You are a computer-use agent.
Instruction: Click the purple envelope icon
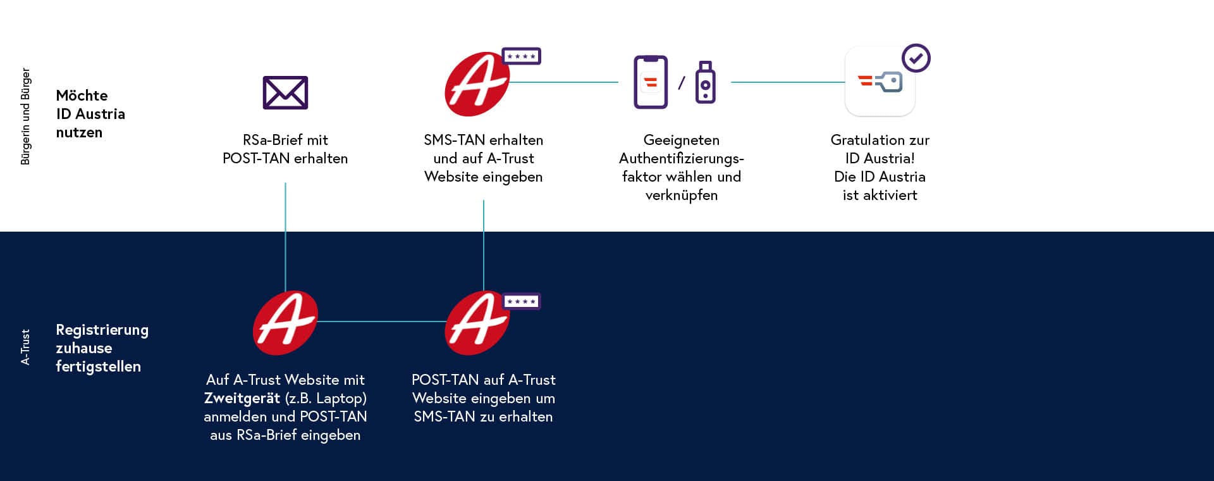click(285, 92)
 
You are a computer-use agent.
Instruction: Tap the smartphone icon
click(651, 82)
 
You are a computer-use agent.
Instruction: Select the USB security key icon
click(706, 82)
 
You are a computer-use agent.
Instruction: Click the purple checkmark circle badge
click(916, 58)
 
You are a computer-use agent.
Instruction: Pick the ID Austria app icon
click(880, 82)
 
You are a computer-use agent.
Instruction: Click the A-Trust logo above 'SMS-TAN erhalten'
click(477, 84)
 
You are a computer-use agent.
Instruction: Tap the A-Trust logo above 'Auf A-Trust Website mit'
click(285, 323)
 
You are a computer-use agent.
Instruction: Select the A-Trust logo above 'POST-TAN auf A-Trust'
click(477, 323)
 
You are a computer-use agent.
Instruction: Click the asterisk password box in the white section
click(521, 56)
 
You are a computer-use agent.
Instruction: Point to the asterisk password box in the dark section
click(521, 301)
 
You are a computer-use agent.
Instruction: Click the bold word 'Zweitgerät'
click(242, 398)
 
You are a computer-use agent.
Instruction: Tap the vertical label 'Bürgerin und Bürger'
click(25, 116)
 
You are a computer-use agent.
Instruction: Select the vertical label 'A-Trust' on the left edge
click(25, 347)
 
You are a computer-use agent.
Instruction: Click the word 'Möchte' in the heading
click(82, 96)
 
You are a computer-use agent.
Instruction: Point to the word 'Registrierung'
click(102, 330)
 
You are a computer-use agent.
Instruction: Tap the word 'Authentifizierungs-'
click(682, 158)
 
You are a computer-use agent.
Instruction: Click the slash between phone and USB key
click(681, 83)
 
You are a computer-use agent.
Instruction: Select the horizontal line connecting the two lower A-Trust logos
click(381, 322)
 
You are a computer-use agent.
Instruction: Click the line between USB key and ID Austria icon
click(788, 82)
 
